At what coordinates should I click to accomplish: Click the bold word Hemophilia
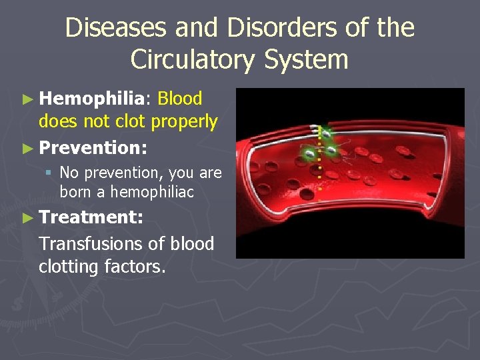[91, 99]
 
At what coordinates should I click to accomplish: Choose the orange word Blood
[180, 99]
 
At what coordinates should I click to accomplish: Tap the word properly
[185, 122]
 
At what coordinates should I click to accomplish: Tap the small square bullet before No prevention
[49, 173]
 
